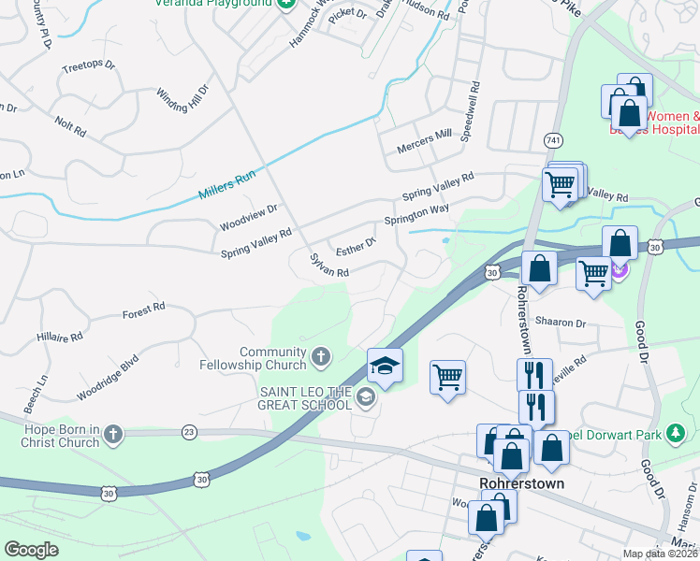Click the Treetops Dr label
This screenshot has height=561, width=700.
pos(87,66)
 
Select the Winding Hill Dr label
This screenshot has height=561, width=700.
pos(182,97)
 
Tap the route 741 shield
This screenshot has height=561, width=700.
pos(553,139)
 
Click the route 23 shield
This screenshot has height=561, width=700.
pos(190,431)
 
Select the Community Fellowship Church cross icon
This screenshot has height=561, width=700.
pos(321,356)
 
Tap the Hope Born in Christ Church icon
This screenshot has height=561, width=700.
pos(112,433)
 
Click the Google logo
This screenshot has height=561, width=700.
pos(32,550)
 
